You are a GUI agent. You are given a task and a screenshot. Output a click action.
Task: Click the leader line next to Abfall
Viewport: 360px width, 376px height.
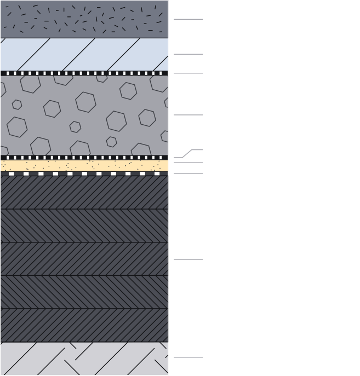(x=188, y=20)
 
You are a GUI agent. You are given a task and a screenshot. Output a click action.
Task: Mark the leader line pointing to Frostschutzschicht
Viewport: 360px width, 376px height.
(x=188, y=54)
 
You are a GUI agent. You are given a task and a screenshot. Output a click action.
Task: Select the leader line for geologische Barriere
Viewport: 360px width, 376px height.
(x=188, y=259)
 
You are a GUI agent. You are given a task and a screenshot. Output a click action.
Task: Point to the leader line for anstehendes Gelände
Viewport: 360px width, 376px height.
(x=188, y=357)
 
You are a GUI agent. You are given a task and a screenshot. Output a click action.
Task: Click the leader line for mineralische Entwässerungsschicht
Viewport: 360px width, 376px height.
(x=188, y=115)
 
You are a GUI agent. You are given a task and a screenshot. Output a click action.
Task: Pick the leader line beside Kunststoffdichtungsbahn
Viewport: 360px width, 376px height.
(x=188, y=173)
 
